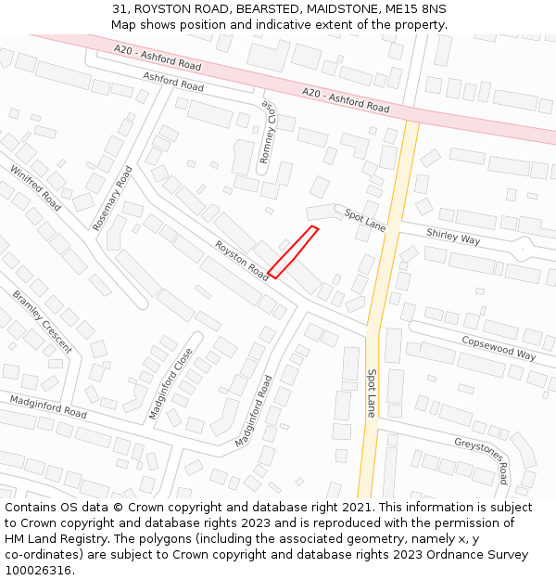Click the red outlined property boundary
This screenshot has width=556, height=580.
tap(293, 251)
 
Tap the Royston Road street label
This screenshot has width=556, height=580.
tap(242, 262)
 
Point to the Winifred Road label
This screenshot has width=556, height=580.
tap(35, 187)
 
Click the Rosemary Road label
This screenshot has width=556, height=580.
tap(113, 198)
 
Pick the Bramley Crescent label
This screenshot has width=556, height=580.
tap(42, 321)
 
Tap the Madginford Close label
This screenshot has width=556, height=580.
tap(170, 382)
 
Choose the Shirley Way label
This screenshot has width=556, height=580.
tap(453, 237)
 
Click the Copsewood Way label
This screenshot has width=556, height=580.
tap(499, 348)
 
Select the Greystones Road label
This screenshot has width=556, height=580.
tap(481, 459)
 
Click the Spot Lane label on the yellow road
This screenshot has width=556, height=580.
tap(371, 393)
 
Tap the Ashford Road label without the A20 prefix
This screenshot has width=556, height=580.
tap(173, 84)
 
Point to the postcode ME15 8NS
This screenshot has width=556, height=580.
tap(413, 9)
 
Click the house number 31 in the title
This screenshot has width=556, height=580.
tap(120, 9)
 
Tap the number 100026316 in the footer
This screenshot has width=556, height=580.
tap(38, 570)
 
